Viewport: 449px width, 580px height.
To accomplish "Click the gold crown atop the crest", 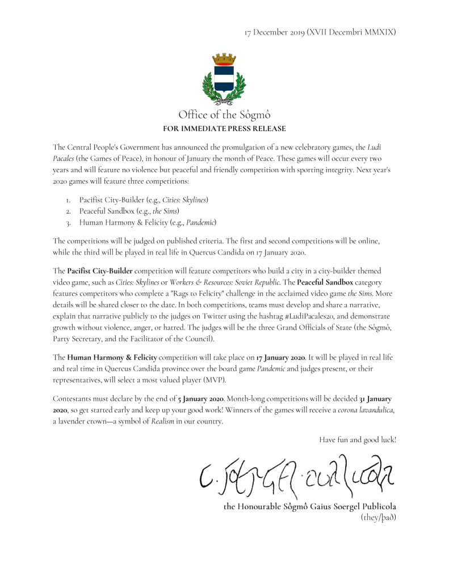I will (224, 59).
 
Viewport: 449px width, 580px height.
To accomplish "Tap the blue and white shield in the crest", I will (224, 78).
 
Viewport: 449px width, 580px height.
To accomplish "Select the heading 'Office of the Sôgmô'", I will (224, 116).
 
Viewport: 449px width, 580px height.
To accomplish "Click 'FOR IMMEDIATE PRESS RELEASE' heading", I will (224, 129).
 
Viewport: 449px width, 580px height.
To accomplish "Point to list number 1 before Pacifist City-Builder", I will (68, 200).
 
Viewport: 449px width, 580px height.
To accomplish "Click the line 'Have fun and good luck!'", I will (357, 439).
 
